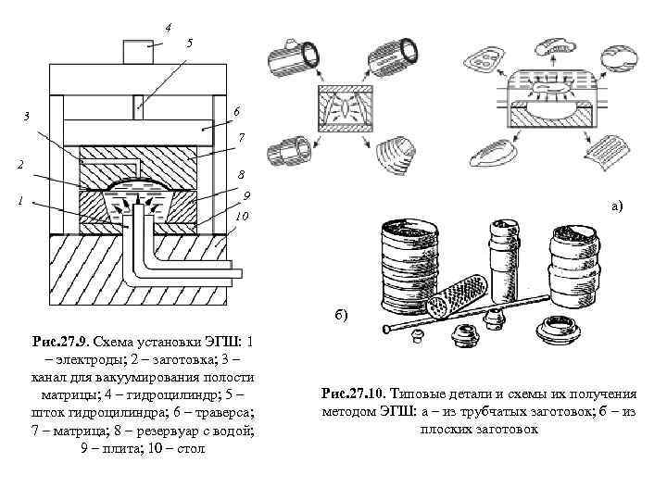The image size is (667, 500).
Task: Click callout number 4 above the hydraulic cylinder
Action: pos(168,27)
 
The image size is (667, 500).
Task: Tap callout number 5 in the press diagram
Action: pos(190,44)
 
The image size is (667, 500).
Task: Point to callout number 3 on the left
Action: pos(26,116)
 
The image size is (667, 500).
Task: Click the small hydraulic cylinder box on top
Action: pos(137,51)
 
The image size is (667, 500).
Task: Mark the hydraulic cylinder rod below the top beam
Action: pos(136,105)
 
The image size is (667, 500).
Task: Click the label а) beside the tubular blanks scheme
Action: pos(616,207)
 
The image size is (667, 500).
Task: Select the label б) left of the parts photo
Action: pos(341,315)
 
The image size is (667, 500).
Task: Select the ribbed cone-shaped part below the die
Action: pos(402,151)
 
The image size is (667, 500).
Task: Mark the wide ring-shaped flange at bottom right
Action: pos(560,329)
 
